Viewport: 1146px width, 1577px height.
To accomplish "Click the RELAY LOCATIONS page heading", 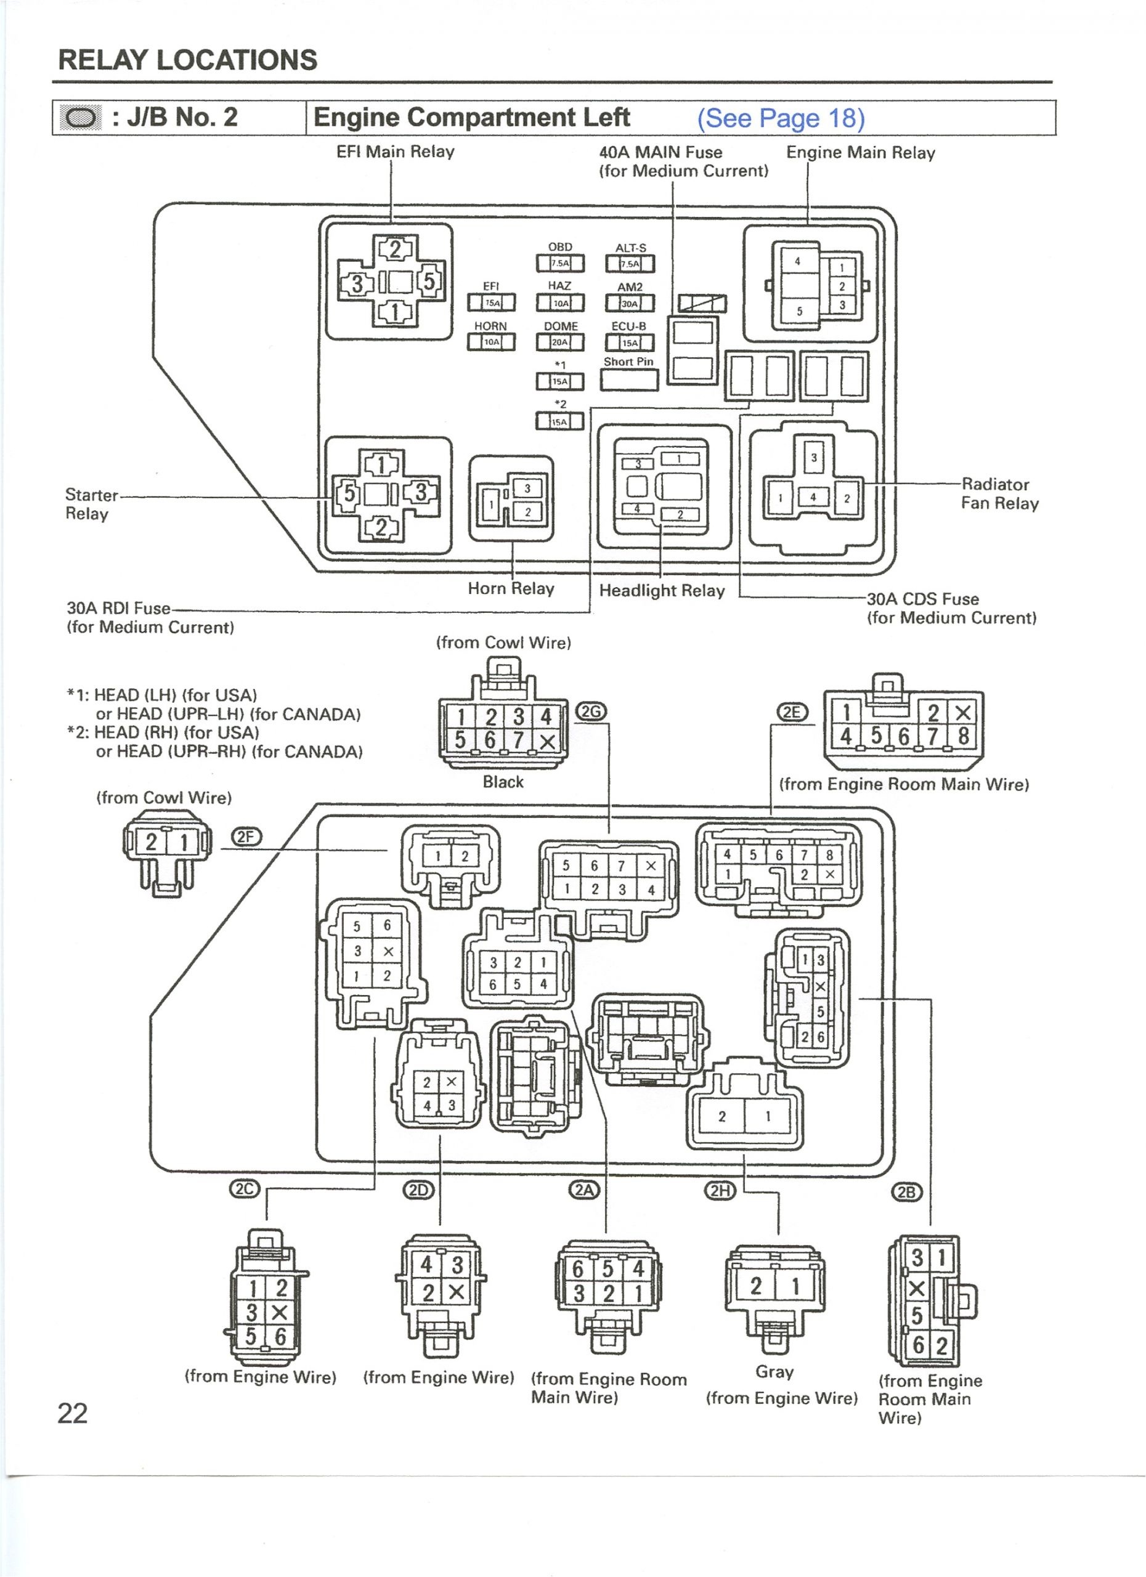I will click(188, 60).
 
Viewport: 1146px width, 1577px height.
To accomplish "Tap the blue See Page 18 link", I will click(781, 118).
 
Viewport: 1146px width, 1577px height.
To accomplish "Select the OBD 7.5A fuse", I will click(560, 264).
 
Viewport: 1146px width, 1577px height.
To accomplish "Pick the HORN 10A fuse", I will click(491, 341).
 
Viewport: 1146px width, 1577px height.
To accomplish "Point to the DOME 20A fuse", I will click(560, 342).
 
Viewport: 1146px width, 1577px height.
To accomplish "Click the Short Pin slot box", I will click(628, 379).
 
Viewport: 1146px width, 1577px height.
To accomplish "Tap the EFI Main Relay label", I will click(395, 152).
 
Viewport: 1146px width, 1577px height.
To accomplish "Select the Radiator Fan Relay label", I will click(999, 493).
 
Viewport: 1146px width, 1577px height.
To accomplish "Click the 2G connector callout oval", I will click(591, 711).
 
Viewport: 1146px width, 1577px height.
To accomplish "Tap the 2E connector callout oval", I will click(792, 712).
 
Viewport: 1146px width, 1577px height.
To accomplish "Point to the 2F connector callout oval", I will click(246, 837).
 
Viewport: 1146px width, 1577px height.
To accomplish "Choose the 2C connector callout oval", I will click(244, 1189).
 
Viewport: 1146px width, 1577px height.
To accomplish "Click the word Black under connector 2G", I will click(503, 782).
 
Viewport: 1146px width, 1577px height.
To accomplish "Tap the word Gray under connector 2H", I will click(774, 1372).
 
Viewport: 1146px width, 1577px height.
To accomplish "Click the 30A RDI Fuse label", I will click(118, 609).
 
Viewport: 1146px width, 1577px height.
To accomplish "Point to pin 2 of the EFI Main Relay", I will click(395, 249).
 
